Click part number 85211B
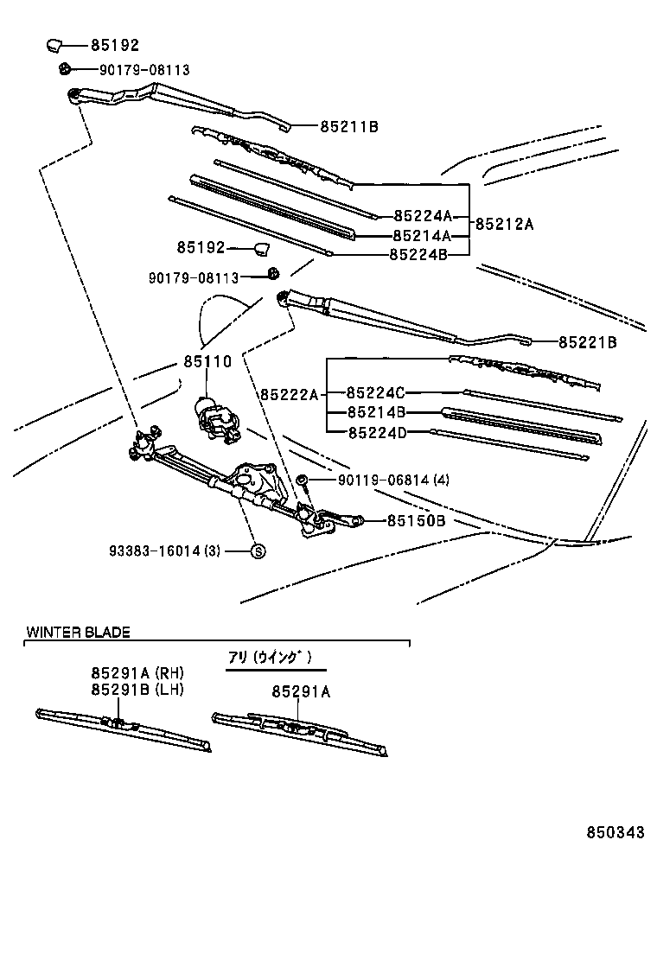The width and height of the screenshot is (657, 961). pos(349,127)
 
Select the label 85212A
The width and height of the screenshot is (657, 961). pos(504,224)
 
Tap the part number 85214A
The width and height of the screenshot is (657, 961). pos(422,235)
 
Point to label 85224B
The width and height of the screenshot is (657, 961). pos(418,254)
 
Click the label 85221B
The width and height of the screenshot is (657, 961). pos(587,342)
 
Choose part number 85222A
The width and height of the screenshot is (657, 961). pos(289,394)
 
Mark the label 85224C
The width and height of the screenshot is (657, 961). pos(376,392)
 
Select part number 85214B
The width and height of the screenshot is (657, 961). pos(376,412)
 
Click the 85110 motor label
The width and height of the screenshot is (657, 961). pos(207,362)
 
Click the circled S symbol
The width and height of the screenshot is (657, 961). pos(257,551)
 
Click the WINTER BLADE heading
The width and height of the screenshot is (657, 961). pos(78,632)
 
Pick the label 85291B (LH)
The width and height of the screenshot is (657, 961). pos(138,689)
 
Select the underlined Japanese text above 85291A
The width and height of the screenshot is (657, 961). pos(269,657)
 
